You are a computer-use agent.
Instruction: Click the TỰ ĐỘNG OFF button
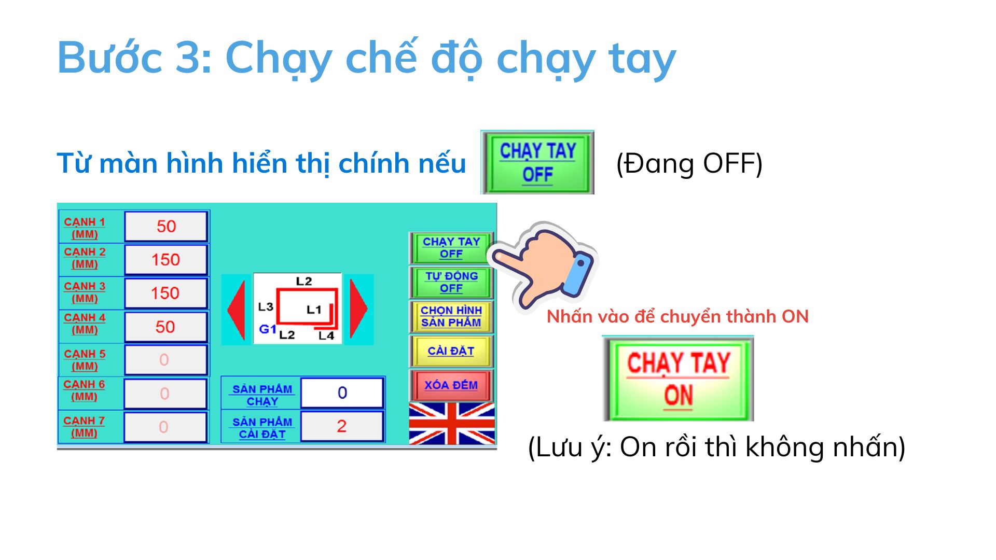point(451,282)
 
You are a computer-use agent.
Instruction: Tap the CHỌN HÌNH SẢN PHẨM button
point(451,316)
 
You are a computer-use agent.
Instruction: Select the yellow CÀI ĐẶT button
point(451,351)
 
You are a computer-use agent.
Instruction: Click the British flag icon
point(451,424)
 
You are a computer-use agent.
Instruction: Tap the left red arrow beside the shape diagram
point(236,310)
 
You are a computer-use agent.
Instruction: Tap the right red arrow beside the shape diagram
point(358,310)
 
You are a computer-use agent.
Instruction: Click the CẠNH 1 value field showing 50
point(166,226)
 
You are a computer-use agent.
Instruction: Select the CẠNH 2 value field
point(166,259)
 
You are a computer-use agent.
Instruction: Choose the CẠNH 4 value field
point(166,327)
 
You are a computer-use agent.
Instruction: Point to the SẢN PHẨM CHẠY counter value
point(342,393)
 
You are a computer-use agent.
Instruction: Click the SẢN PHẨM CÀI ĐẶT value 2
point(342,426)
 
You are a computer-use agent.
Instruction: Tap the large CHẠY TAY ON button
point(679,379)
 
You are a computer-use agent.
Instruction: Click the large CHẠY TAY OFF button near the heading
point(537,162)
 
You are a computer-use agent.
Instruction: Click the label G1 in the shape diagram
point(268,329)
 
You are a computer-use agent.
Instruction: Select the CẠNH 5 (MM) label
point(85,360)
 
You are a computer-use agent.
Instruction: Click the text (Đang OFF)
point(689,164)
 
